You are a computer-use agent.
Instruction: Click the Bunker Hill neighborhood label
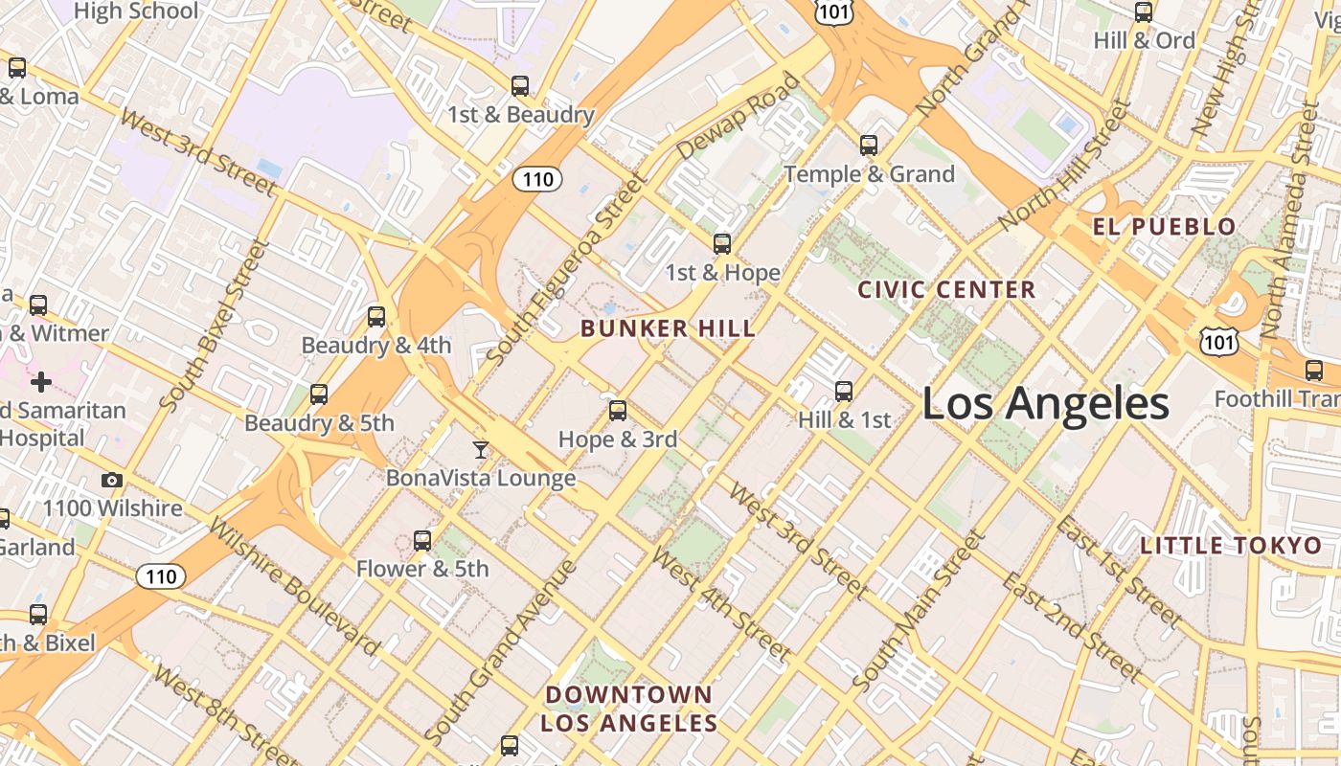click(668, 328)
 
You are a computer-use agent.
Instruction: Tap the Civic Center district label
click(946, 289)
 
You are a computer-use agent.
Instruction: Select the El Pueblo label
click(1164, 227)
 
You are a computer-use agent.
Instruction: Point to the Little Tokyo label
click(1230, 546)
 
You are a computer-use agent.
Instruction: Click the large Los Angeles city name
click(1045, 403)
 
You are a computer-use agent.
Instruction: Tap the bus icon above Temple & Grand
click(869, 146)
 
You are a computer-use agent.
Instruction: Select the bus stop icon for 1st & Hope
click(722, 244)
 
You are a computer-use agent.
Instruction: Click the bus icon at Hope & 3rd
click(618, 411)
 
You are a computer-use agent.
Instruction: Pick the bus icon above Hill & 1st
click(844, 391)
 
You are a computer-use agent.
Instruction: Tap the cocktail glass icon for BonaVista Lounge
click(481, 449)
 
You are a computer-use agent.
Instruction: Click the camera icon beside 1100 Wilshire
click(112, 480)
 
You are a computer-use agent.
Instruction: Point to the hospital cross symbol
click(41, 383)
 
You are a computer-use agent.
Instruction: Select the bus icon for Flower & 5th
click(422, 541)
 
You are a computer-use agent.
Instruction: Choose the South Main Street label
click(917, 612)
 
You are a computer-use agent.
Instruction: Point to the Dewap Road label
click(738, 116)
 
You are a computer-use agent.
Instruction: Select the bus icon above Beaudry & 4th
click(376, 316)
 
